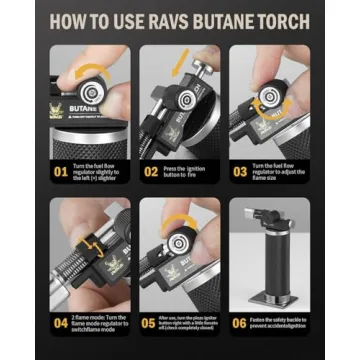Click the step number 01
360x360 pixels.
tap(61, 171)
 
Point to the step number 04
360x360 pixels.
tap(61, 322)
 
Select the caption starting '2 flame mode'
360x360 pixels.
tap(100, 322)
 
